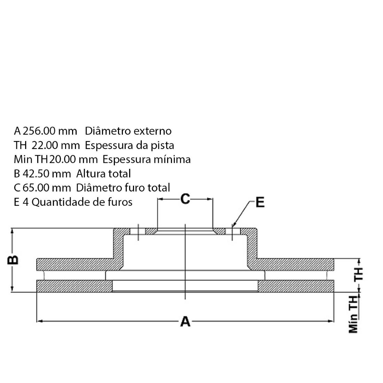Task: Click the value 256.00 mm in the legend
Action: click(50, 131)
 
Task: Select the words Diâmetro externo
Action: click(128, 131)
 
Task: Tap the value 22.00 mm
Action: click(58, 145)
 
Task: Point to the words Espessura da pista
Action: click(130, 145)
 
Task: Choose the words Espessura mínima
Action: click(147, 159)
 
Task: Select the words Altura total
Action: click(103, 173)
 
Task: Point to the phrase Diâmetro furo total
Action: click(123, 188)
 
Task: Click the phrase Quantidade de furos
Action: click(82, 202)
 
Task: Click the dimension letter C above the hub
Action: click(185, 199)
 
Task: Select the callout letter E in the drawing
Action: click(260, 202)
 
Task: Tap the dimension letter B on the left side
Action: click(13, 260)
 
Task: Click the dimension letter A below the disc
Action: click(185, 321)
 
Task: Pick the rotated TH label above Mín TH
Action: click(358, 274)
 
